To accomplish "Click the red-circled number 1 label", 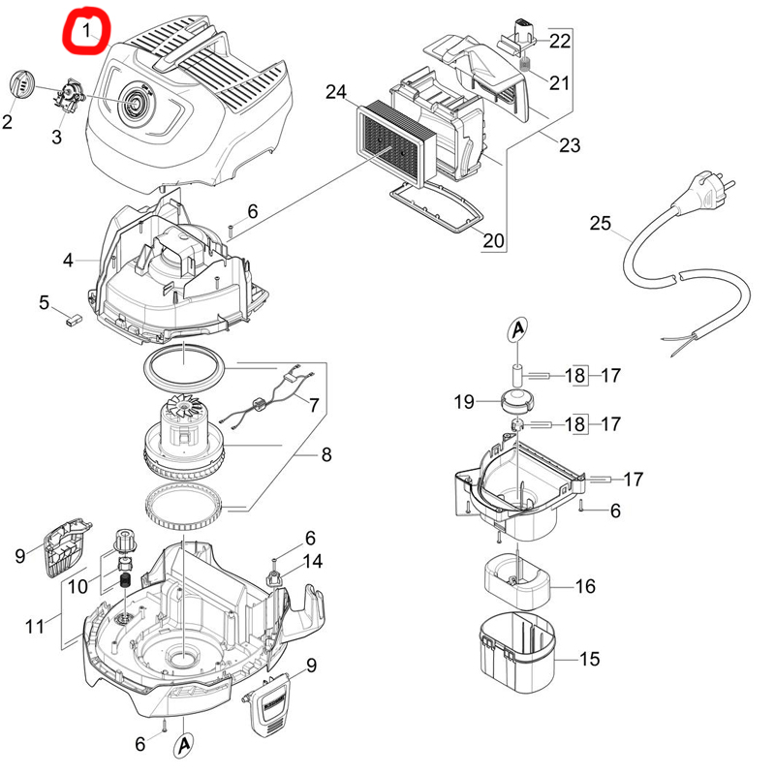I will (88, 31).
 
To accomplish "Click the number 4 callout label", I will (68, 260).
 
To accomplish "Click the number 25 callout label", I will (601, 224).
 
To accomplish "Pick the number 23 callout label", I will (570, 145).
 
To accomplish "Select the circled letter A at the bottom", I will (184, 745).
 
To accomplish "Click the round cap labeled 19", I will (518, 400).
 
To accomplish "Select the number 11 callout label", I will (35, 627).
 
